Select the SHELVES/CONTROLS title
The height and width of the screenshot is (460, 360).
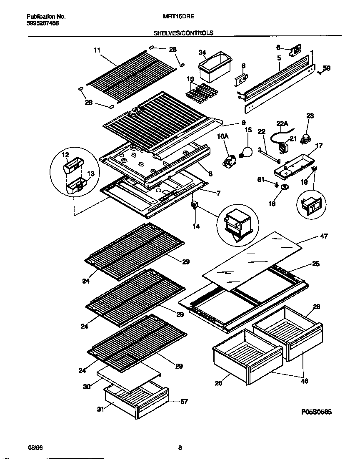coord(183,33)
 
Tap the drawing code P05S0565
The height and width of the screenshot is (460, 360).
coord(316,412)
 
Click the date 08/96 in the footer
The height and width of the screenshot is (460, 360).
coord(34,448)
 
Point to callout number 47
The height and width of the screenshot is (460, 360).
coord(324,236)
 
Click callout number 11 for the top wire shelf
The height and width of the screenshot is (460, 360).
coord(97,50)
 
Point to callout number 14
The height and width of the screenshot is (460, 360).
coord(196,226)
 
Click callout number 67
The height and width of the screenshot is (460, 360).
coord(184,402)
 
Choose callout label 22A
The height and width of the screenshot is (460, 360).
coord(282,123)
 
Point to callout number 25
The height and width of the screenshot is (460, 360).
coord(316,264)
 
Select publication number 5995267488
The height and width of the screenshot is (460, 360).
coord(42,24)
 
